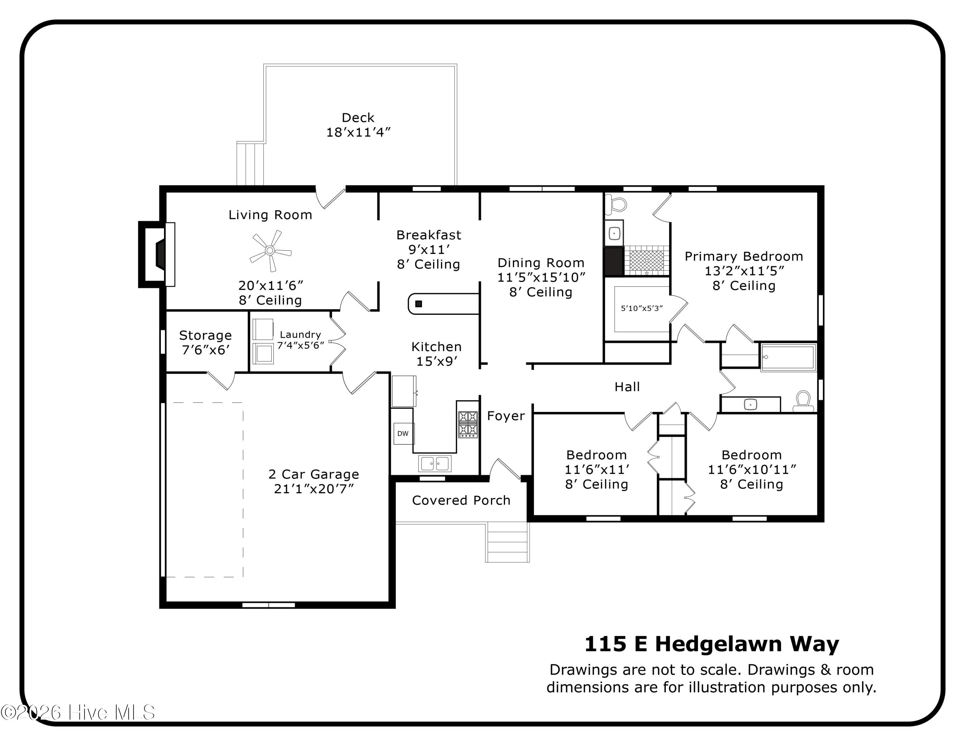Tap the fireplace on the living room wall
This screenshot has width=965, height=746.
click(x=157, y=254)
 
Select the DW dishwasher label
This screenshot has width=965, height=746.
click(x=403, y=434)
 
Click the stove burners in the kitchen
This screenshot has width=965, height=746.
click(x=467, y=424)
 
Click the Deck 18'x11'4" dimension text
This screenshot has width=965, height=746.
click(x=358, y=132)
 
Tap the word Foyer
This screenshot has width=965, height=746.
click(x=506, y=416)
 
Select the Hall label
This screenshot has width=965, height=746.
click(x=627, y=387)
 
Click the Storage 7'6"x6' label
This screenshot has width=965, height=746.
click(x=206, y=342)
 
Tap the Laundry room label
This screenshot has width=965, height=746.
click(x=300, y=335)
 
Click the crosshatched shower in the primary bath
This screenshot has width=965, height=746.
click(x=647, y=261)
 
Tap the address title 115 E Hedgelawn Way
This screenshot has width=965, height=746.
click(x=712, y=644)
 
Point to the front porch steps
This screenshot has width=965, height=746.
click(x=507, y=542)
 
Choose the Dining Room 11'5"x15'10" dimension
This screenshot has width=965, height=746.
click(x=541, y=277)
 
